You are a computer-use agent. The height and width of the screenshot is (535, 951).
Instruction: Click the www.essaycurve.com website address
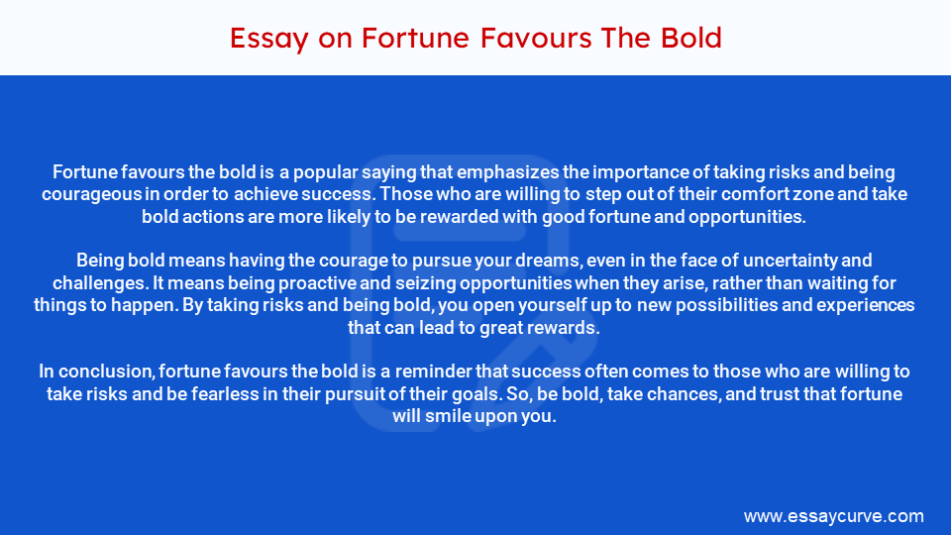click(833, 516)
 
